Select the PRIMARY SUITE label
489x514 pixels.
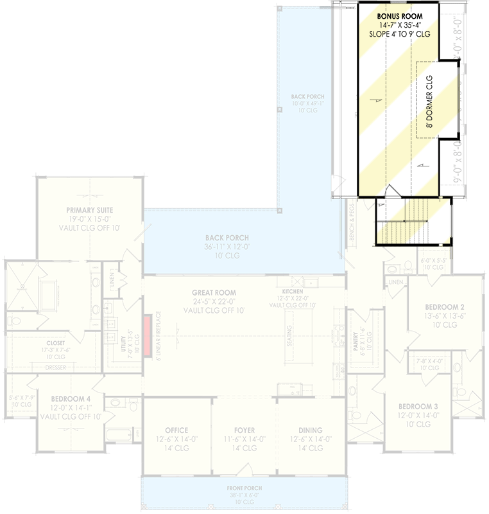pos(90,210)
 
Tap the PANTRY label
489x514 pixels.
pos(356,335)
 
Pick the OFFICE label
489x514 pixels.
pos(176,430)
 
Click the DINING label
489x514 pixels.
pos(310,430)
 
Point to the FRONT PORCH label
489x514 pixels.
pos(244,488)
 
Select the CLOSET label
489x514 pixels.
pos(55,343)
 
